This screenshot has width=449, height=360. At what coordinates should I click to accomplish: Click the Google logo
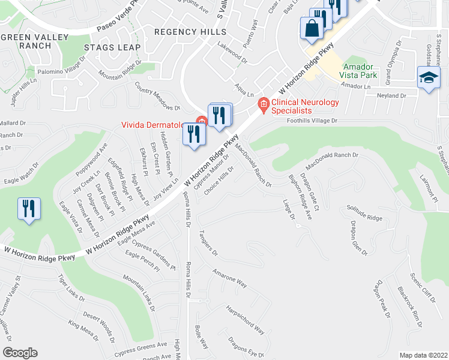pos(20,353)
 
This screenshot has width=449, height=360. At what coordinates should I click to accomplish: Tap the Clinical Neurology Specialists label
pos(304,106)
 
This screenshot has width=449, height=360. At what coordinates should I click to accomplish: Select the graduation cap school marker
pos(429,79)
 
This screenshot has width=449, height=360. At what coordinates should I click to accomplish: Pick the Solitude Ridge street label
pos(364,212)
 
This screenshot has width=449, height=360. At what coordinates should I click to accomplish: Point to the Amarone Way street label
pos(229,277)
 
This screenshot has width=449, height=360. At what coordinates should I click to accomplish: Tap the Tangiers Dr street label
pos(208,244)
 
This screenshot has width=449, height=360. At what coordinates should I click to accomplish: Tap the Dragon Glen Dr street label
pos(359,238)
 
